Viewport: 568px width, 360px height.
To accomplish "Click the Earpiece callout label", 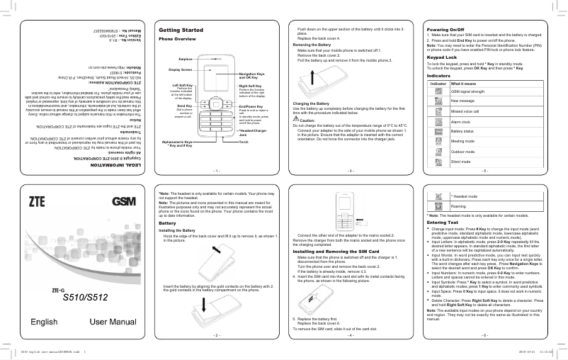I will pos(186,57).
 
